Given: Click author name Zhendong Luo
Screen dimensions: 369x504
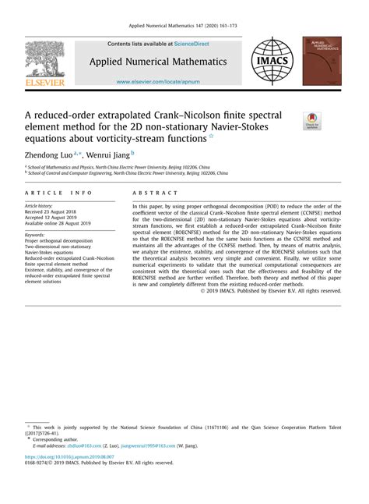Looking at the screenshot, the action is (x=47, y=155).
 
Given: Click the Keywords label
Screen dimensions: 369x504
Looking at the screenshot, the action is (x=36, y=235).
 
